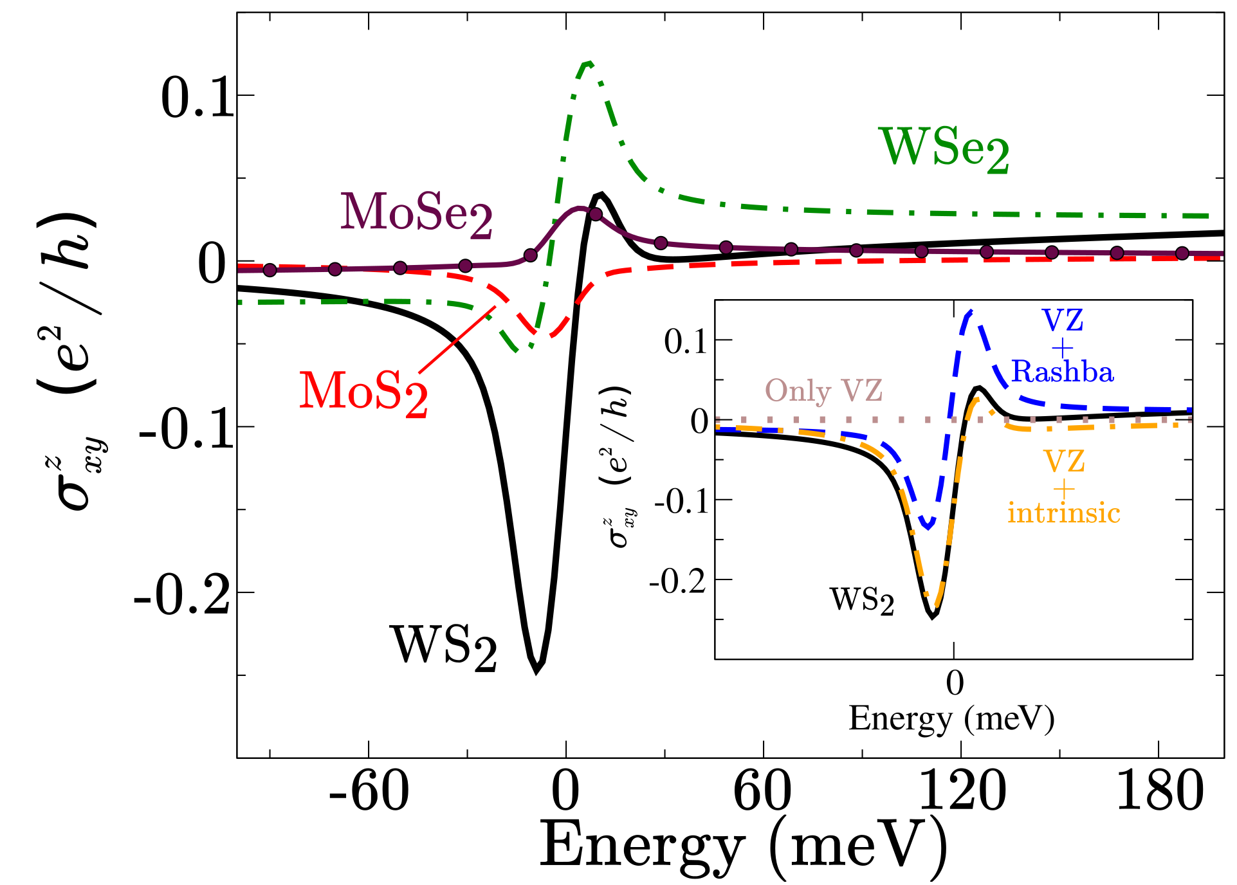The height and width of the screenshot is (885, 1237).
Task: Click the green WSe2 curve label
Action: pyautogui.click(x=943, y=149)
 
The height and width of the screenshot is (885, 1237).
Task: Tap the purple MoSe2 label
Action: pyautogui.click(x=416, y=214)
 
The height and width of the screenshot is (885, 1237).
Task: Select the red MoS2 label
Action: pyautogui.click(x=363, y=392)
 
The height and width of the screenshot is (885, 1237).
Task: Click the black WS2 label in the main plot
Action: pyautogui.click(x=444, y=647)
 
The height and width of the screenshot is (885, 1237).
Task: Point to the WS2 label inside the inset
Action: pyautogui.click(x=862, y=600)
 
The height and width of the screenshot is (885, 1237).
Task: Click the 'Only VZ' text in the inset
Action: pyautogui.click(x=823, y=390)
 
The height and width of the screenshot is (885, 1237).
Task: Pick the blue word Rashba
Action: pyautogui.click(x=1062, y=372)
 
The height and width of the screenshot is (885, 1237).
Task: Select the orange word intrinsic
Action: pyautogui.click(x=1064, y=513)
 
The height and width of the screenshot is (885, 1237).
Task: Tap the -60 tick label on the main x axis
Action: pyautogui.click(x=369, y=792)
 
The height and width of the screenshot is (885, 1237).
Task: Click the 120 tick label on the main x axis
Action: pyautogui.click(x=961, y=792)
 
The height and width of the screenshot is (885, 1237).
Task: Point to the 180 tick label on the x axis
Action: pyautogui.click(x=1159, y=792)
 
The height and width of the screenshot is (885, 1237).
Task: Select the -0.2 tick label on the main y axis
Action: pyautogui.click(x=182, y=595)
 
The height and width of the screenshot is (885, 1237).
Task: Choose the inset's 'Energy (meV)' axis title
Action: pyautogui.click(x=951, y=718)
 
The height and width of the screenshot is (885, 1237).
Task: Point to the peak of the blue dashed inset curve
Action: pyautogui.click(x=969, y=313)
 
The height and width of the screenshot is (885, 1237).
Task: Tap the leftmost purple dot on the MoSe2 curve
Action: pyautogui.click(x=270, y=269)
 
